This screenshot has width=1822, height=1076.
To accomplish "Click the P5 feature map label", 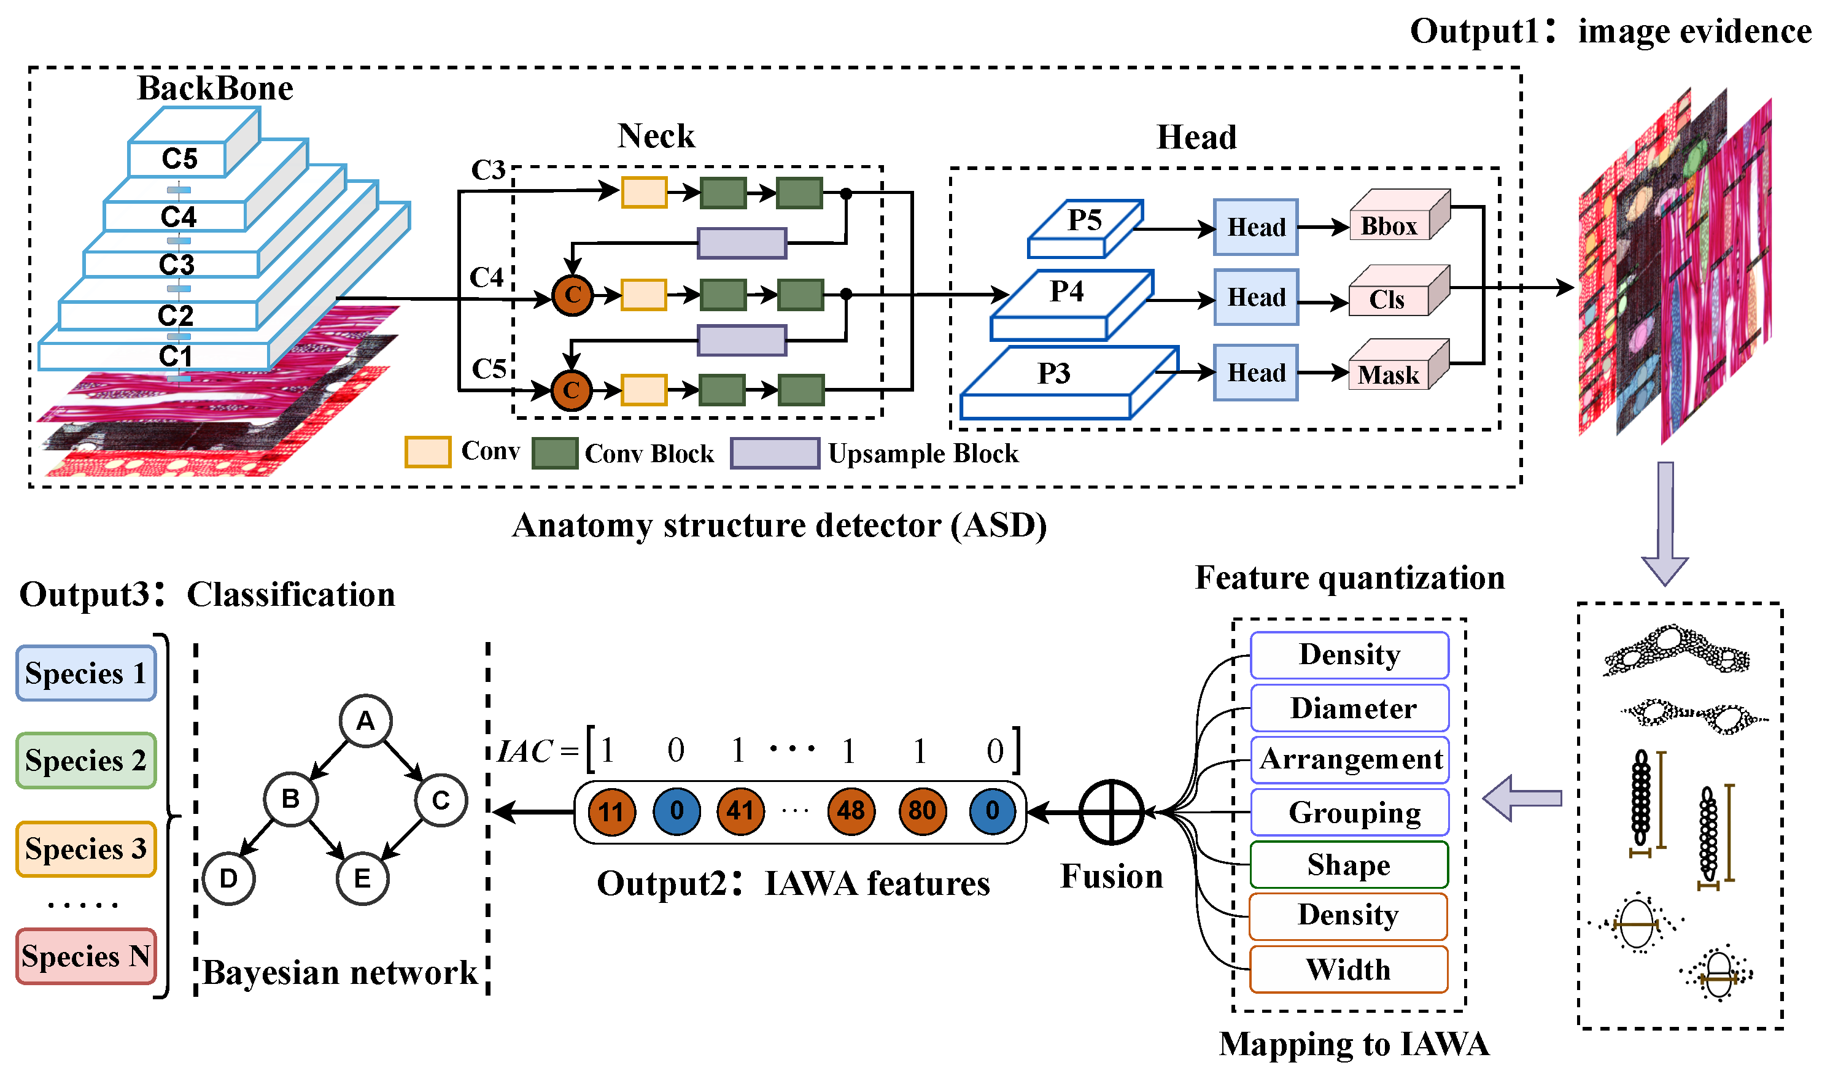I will [1084, 221].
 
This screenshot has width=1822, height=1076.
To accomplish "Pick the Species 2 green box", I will [85, 761].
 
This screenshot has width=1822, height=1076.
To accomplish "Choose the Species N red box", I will [85, 956].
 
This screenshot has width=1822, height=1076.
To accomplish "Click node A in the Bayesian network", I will [365, 721].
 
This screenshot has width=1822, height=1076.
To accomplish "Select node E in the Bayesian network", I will [363, 879].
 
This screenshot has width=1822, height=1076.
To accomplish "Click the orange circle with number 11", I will [611, 811].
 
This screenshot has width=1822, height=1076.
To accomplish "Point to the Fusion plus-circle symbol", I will [1111, 812].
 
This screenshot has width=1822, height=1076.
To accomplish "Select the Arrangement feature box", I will [1350, 760].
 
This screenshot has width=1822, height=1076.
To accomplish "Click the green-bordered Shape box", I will [1349, 865].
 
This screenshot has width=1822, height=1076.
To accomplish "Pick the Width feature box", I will [1349, 969].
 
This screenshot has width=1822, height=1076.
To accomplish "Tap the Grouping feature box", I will [1350, 813].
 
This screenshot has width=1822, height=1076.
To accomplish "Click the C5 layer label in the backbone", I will [179, 158].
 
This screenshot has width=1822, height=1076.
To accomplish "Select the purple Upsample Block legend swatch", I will [774, 453].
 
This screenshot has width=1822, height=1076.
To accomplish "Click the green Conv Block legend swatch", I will [555, 453].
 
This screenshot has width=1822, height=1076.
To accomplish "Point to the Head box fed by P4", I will [1256, 297].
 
